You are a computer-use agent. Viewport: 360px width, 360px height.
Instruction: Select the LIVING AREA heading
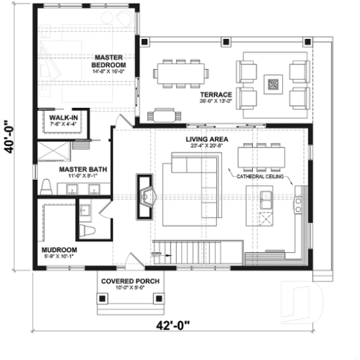[206, 139]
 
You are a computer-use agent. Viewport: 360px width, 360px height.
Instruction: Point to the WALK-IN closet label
[64, 117]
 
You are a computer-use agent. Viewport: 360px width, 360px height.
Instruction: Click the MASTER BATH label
[83, 169]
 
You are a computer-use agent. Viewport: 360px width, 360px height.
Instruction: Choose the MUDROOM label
[59, 249]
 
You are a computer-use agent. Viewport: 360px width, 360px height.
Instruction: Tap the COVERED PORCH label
[132, 281]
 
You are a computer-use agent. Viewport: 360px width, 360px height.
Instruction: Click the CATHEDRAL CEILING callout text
[260, 177]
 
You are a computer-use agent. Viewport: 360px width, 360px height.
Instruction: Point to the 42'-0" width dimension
[168, 325]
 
